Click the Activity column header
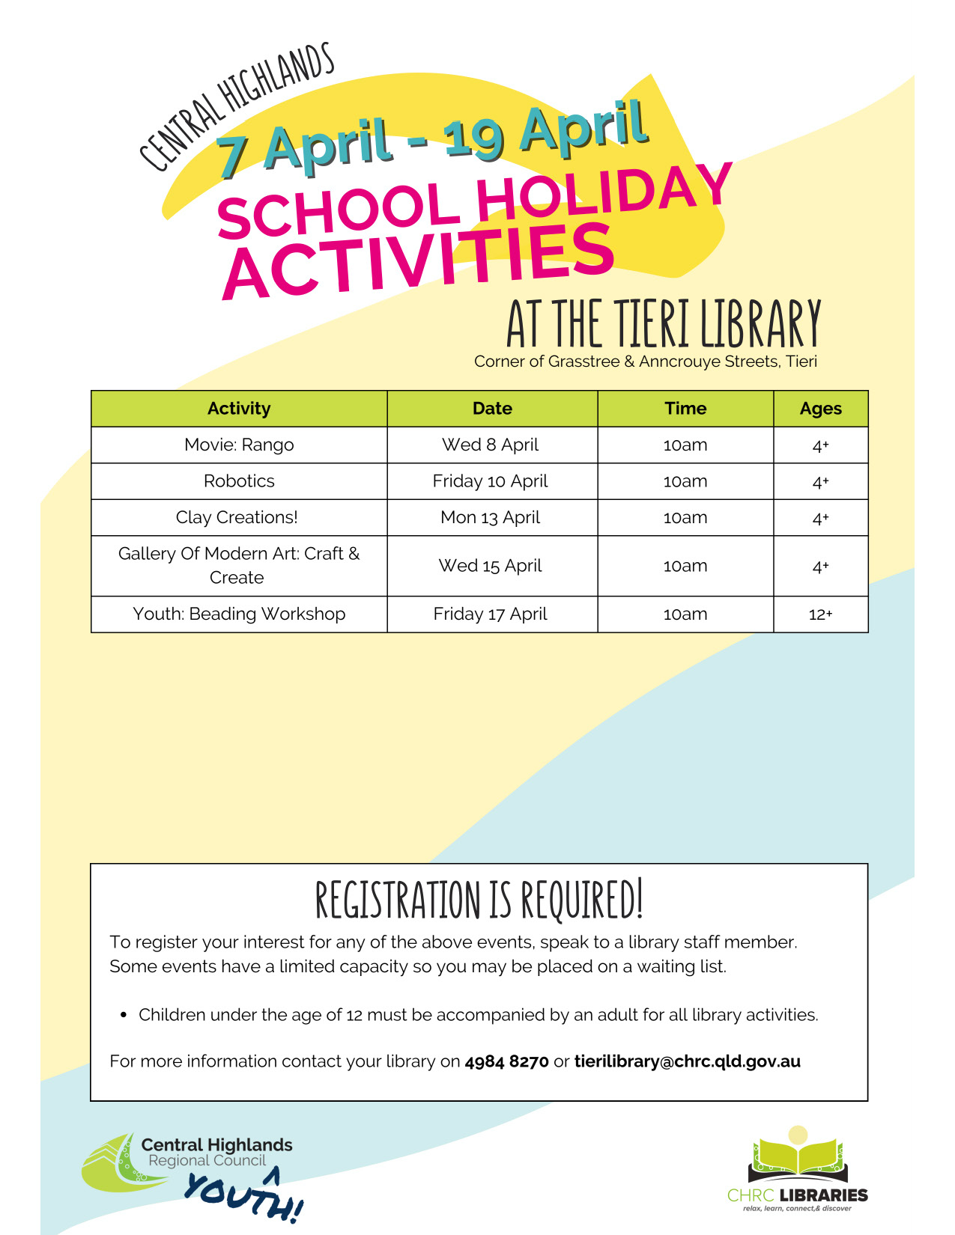(239, 409)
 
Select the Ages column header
(820, 409)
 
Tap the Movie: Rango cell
(239, 445)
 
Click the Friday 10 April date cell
(491, 481)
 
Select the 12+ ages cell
(820, 615)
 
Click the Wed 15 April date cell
(491, 566)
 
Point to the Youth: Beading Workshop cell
(239, 614)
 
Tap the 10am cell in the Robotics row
(685, 481)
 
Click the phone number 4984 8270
(506, 1061)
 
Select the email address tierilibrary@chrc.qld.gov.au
(687, 1061)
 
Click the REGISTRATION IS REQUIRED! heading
(479, 900)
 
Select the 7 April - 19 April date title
(432, 140)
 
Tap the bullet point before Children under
(124, 1016)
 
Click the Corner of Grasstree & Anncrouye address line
(645, 362)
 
